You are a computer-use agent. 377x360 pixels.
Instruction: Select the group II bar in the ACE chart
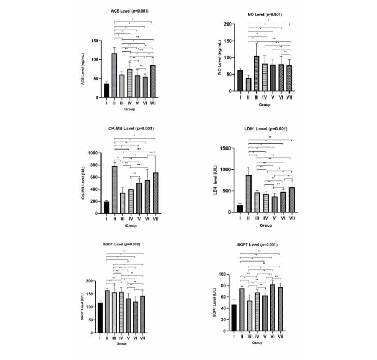tap(115, 76)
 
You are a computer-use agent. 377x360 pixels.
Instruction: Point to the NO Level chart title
tap(264, 14)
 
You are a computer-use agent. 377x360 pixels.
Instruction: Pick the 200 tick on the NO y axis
tap(227, 24)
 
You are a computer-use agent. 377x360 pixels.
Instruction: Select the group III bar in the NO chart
tap(256, 73)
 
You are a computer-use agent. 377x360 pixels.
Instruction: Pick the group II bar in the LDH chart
tap(248, 193)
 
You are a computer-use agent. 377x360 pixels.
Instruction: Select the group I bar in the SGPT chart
tap(234, 318)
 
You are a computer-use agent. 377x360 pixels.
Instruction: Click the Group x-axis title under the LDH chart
tap(266, 225)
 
